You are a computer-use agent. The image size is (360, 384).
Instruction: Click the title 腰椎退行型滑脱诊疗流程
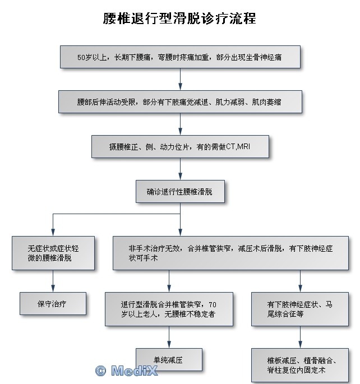click(x=179, y=18)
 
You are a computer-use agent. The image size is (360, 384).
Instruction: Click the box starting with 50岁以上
click(x=180, y=57)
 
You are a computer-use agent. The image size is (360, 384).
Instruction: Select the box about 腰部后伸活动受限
click(x=180, y=102)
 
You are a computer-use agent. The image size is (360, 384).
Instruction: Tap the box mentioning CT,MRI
click(x=180, y=147)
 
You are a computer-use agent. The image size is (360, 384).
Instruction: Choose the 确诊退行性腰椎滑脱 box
click(x=180, y=192)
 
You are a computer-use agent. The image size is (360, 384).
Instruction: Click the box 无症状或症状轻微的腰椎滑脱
click(x=53, y=253)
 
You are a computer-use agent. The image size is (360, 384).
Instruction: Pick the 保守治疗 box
click(x=53, y=303)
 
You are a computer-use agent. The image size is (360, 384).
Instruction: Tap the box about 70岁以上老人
click(x=169, y=309)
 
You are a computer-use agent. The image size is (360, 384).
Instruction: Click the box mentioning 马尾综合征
click(x=300, y=309)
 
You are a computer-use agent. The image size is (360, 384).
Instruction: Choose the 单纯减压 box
click(x=169, y=359)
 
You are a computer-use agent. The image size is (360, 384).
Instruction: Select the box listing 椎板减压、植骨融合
click(x=300, y=365)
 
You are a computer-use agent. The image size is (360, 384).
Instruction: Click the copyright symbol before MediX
click(x=101, y=371)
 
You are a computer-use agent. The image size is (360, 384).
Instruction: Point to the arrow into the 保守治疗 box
click(x=53, y=286)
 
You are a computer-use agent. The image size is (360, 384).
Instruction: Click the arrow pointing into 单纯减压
click(x=169, y=343)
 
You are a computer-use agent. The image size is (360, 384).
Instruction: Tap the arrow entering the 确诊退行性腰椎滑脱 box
click(x=180, y=175)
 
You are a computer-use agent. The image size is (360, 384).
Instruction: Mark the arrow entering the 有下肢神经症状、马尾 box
click(x=300, y=286)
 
